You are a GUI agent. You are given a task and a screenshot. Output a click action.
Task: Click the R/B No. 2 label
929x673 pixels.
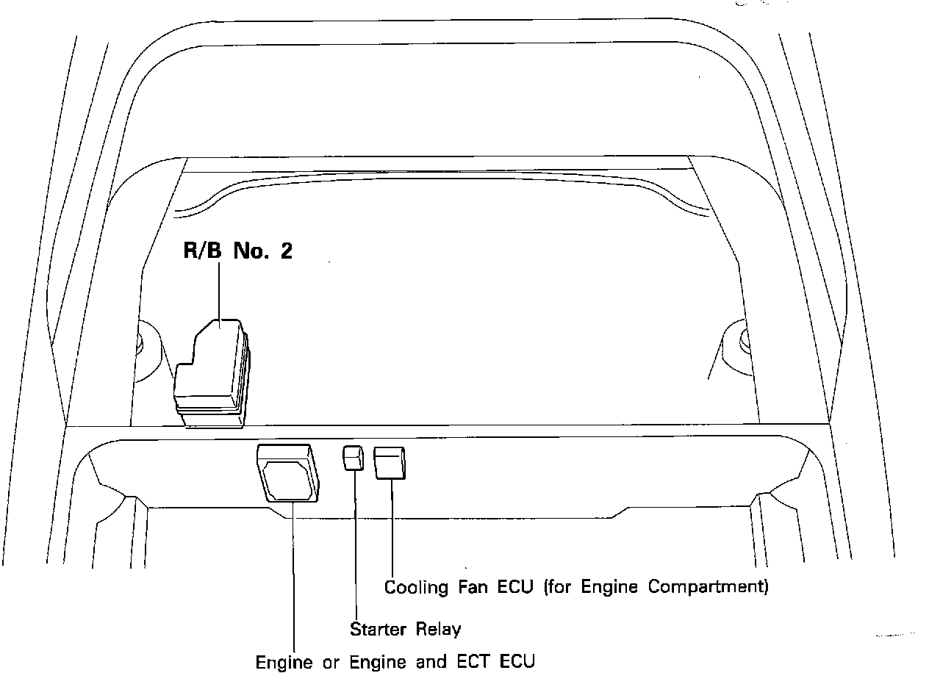pos(237,251)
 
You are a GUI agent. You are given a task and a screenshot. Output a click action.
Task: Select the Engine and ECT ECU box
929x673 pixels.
pos(288,474)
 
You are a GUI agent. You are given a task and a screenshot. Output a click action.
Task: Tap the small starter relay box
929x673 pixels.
pos(354,458)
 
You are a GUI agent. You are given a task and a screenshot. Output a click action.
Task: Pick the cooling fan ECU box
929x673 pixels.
pos(391,463)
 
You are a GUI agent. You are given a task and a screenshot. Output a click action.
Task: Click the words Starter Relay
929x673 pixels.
pos(405,629)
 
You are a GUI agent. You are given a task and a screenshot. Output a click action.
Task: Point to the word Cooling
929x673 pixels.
pos(416,587)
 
